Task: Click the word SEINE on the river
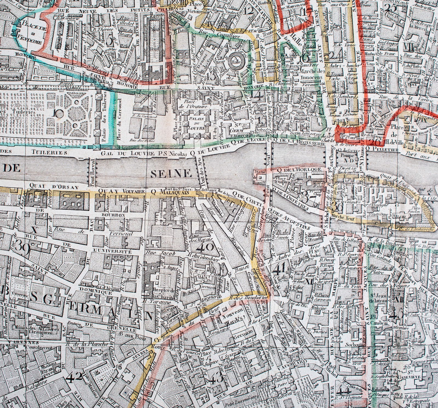tap(170, 173)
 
